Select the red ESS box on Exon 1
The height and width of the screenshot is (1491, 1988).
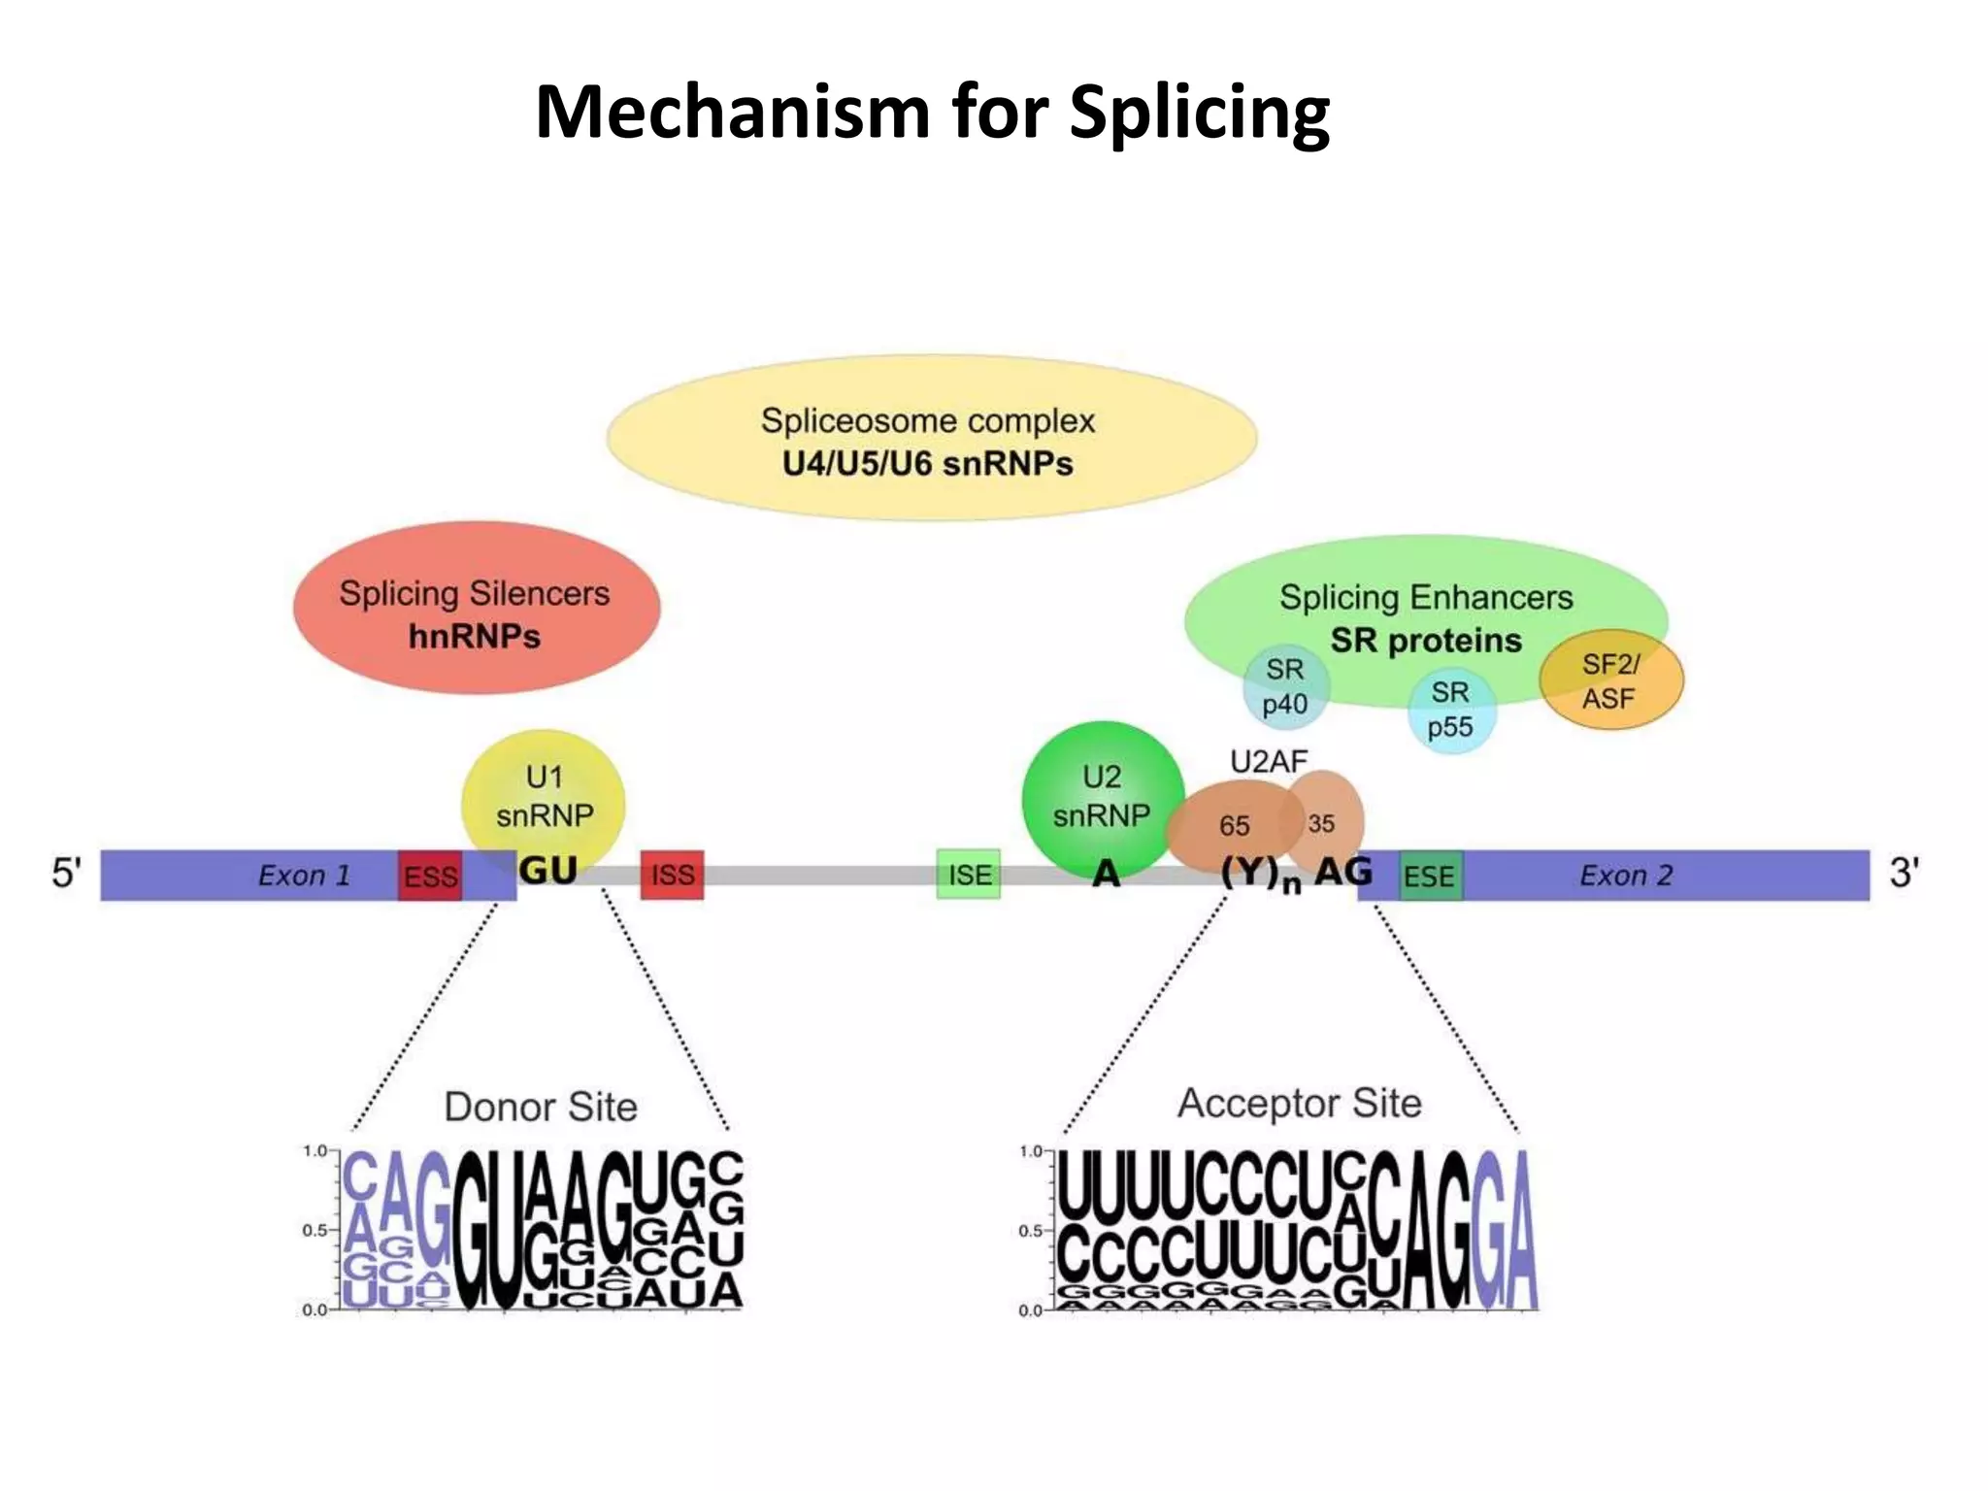tap(430, 876)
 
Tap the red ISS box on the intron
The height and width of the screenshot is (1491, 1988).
tap(672, 875)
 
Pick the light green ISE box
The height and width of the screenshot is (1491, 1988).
tap(969, 875)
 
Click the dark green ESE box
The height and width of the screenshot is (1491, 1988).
tap(1430, 876)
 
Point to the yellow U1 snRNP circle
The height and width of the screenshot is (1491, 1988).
tap(544, 796)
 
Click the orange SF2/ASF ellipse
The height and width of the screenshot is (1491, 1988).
tap(1611, 681)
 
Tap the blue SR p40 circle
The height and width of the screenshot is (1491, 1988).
tap(1285, 686)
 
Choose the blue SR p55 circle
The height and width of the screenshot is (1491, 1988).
tap(1451, 710)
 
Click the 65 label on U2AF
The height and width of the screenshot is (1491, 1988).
tap(1234, 826)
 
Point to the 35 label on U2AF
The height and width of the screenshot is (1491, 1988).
tap(1321, 823)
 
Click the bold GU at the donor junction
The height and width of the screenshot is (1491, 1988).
tap(548, 870)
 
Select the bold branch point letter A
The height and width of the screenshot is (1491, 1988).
tap(1106, 874)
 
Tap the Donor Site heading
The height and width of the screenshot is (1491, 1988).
tap(541, 1107)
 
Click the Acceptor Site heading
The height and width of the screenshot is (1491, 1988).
tap(1299, 1104)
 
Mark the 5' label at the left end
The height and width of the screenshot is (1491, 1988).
tap(66, 873)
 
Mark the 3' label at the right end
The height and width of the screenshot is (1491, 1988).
tap(1904, 873)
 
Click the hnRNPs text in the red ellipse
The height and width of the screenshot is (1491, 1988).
tap(475, 637)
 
